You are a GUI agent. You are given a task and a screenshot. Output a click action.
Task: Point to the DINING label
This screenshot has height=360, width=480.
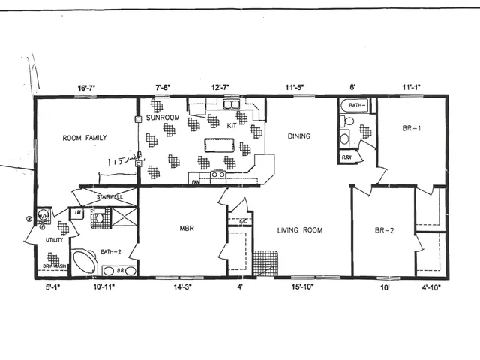click(298, 136)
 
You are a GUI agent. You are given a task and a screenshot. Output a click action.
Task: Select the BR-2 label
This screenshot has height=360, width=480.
click(385, 230)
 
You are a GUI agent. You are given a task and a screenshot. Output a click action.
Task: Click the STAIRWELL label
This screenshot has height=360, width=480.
click(109, 196)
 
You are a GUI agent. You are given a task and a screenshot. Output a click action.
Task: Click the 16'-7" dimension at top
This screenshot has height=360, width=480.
click(85, 88)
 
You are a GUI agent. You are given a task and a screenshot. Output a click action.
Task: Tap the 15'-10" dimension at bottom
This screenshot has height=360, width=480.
click(298, 286)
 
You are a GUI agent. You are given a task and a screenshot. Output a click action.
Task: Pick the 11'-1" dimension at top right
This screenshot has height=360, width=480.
click(412, 88)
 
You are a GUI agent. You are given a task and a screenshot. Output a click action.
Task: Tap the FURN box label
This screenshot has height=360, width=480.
click(346, 157)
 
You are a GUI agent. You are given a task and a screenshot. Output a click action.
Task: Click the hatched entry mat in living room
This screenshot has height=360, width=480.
click(264, 263)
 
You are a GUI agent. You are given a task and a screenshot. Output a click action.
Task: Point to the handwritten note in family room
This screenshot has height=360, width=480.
click(120, 160)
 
